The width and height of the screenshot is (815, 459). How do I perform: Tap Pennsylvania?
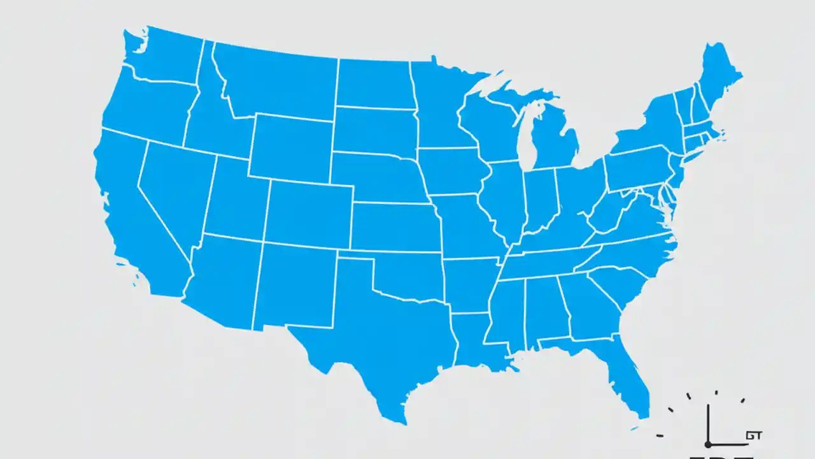637,169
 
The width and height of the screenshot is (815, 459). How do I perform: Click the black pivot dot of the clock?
707,444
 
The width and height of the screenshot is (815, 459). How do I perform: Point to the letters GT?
754,436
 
